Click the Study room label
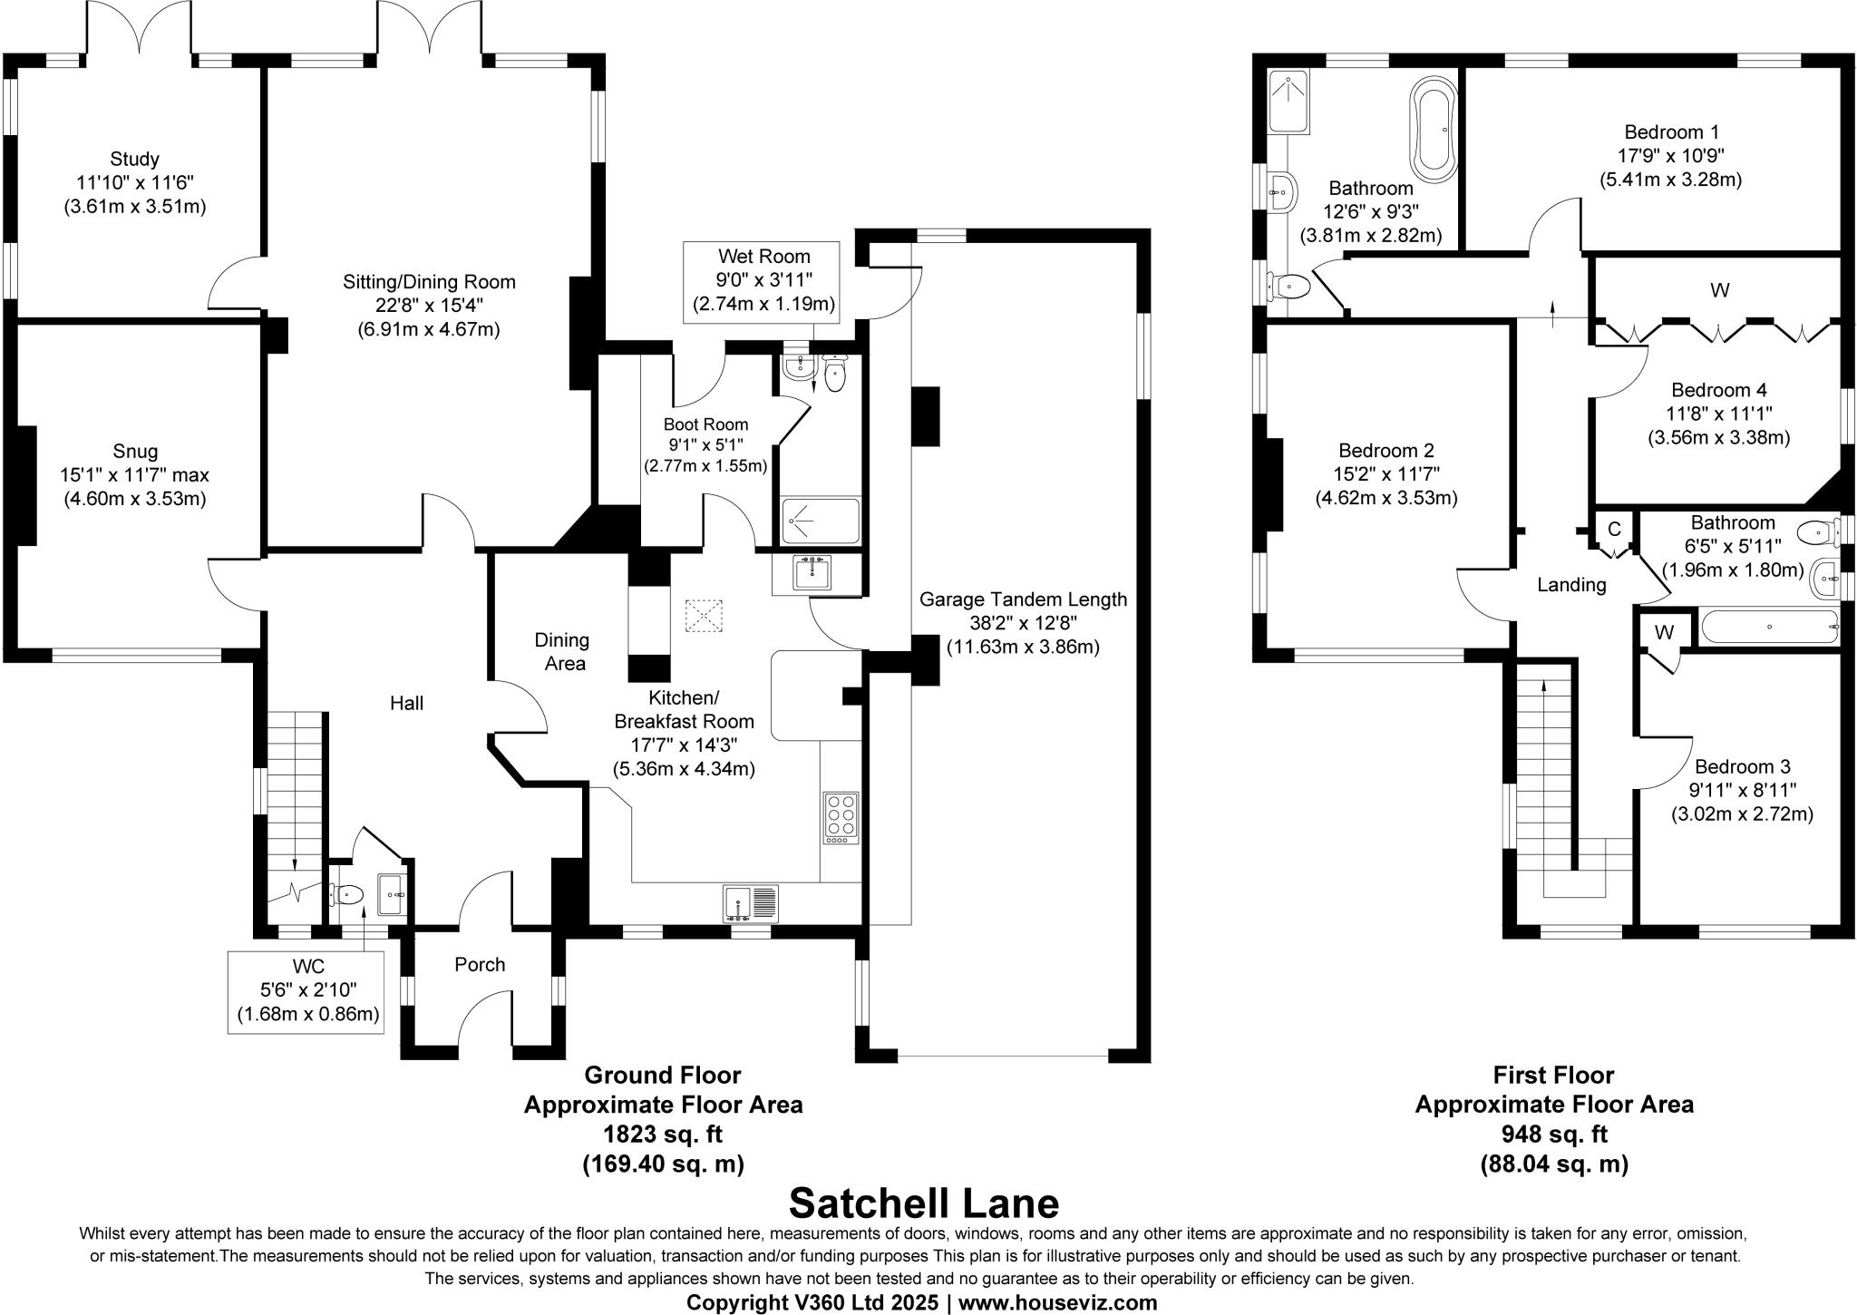[x=134, y=161]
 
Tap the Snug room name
[x=135, y=452]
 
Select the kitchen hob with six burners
[x=841, y=818]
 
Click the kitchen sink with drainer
[x=752, y=903]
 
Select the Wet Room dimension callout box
[x=763, y=280]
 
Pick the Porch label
[x=480, y=965]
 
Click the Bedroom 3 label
[x=1742, y=767]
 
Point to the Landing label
[x=1571, y=585]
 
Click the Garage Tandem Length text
[x=1023, y=599]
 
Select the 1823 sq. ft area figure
[x=663, y=1135]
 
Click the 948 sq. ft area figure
[x=1554, y=1135]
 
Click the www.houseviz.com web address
[x=1058, y=1303]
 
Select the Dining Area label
[x=563, y=652]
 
